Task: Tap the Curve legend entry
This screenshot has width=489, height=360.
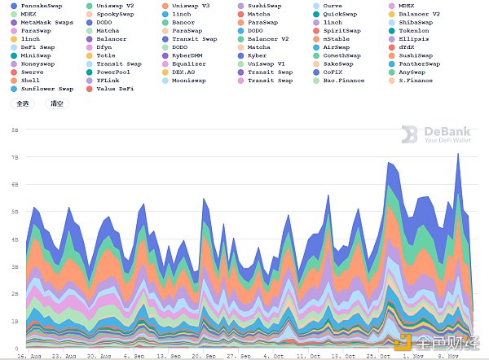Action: click(x=337, y=6)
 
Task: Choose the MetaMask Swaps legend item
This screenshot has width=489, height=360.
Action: click(x=46, y=22)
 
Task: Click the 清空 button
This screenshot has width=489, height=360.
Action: click(x=56, y=104)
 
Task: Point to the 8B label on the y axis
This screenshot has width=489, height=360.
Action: click(x=15, y=130)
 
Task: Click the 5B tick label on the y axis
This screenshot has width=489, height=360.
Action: click(x=15, y=212)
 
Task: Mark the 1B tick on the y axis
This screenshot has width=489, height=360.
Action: click(x=15, y=321)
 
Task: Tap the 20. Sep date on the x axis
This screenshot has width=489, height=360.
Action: click(x=204, y=356)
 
